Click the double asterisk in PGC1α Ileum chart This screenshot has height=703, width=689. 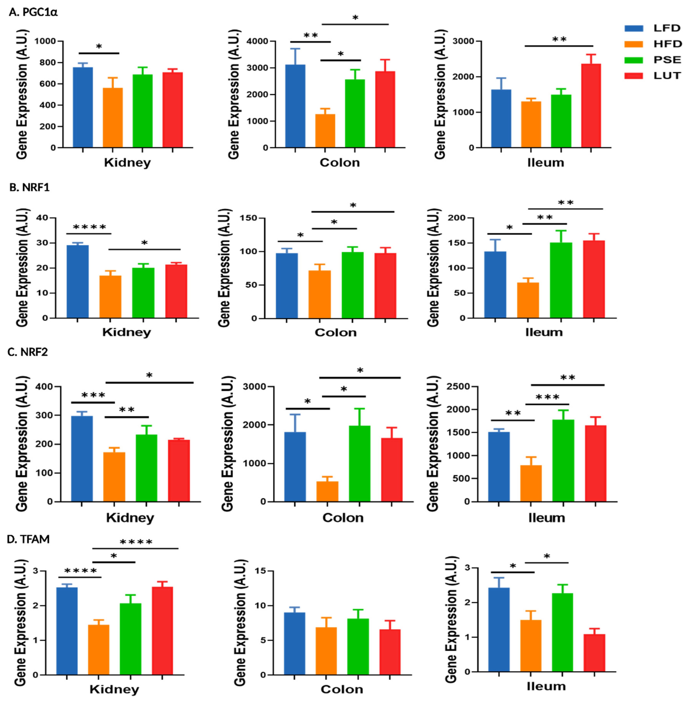[x=559, y=39]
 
